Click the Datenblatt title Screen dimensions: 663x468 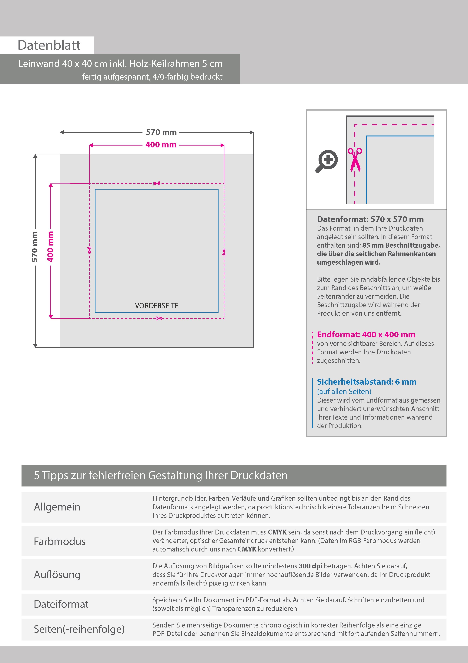tap(49, 45)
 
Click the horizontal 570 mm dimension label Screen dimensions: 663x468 tap(161, 132)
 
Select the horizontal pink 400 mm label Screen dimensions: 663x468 tap(161, 145)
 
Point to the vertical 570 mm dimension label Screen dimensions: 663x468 tap(35, 247)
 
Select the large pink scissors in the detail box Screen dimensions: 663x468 tap(355, 160)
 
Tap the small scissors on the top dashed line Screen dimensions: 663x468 tap(157, 183)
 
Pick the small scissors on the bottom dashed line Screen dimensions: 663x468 tap(159, 318)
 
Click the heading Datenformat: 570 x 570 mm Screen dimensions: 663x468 tap(370, 219)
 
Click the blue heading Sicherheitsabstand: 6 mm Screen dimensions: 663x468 tap(366, 382)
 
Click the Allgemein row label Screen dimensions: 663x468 tap(57, 507)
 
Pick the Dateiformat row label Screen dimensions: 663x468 tap(61, 604)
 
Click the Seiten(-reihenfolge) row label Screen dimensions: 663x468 tap(79, 629)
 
